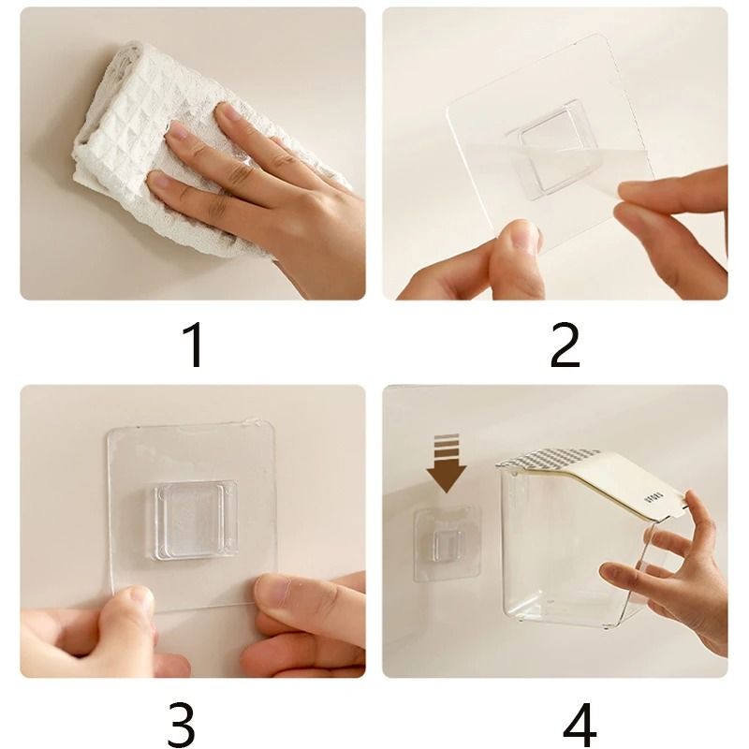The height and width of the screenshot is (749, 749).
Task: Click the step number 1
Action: click(193, 345)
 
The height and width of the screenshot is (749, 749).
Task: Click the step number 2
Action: click(565, 345)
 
